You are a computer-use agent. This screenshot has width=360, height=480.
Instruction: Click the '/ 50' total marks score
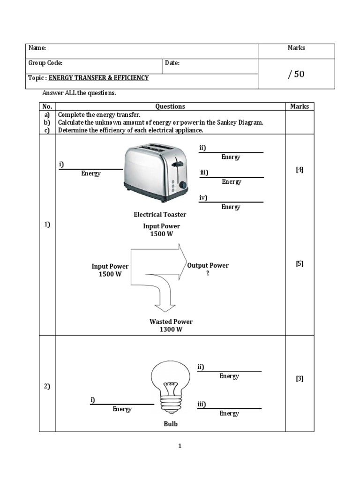(x=296, y=74)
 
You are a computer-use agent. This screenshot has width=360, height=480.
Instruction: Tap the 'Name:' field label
(x=37, y=48)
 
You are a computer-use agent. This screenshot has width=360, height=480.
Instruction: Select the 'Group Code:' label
(x=45, y=63)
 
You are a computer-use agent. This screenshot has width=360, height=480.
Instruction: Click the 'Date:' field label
(x=172, y=63)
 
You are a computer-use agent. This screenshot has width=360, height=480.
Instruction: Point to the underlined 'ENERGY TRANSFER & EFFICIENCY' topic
(x=98, y=78)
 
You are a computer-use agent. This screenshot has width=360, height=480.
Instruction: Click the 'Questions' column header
(x=170, y=106)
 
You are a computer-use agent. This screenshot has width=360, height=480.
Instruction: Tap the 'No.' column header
(x=47, y=106)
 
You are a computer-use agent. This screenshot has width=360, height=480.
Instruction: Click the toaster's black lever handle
(x=177, y=164)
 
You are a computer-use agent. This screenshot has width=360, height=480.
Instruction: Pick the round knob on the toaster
(x=183, y=186)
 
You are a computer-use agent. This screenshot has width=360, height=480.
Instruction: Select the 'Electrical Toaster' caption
(x=160, y=215)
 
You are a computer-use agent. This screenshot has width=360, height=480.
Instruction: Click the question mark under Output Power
(x=208, y=273)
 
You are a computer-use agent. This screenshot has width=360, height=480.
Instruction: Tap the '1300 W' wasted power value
(x=171, y=330)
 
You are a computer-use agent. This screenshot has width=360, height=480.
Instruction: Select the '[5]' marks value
(x=300, y=263)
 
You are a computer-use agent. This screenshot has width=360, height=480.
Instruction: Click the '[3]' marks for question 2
(x=300, y=379)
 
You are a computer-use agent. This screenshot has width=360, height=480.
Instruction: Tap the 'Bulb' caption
(x=171, y=424)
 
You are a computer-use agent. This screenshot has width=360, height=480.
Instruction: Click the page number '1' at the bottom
(x=180, y=446)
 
